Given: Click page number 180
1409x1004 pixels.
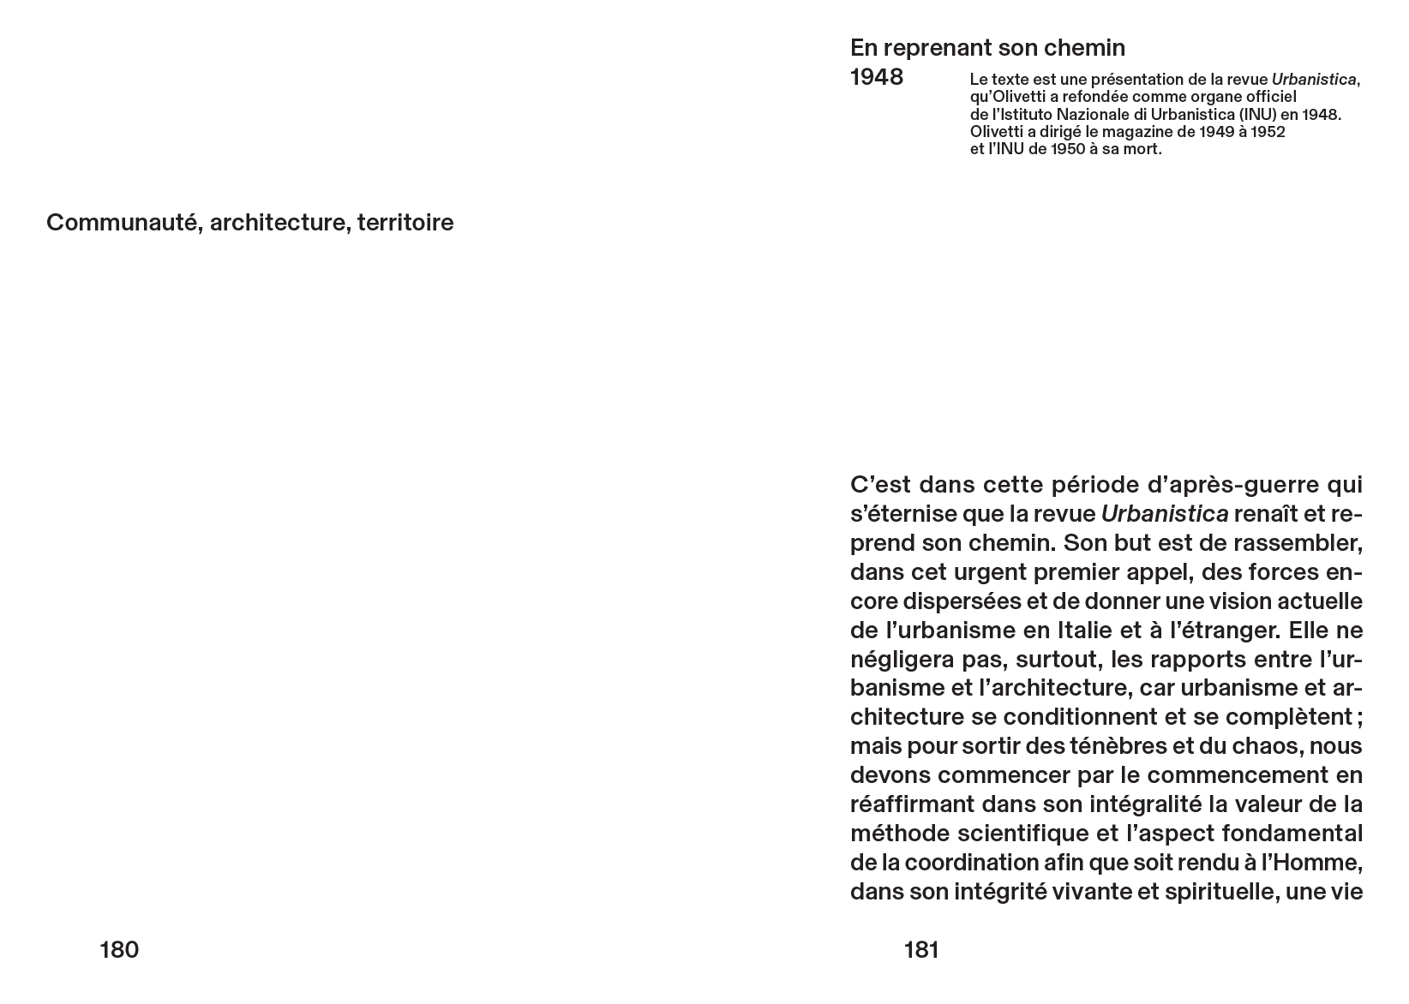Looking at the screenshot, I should [119, 950].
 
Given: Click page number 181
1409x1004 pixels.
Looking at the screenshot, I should [921, 950].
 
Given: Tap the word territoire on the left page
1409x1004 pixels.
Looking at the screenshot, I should [405, 223].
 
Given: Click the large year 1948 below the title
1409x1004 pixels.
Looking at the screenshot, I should [877, 77].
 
